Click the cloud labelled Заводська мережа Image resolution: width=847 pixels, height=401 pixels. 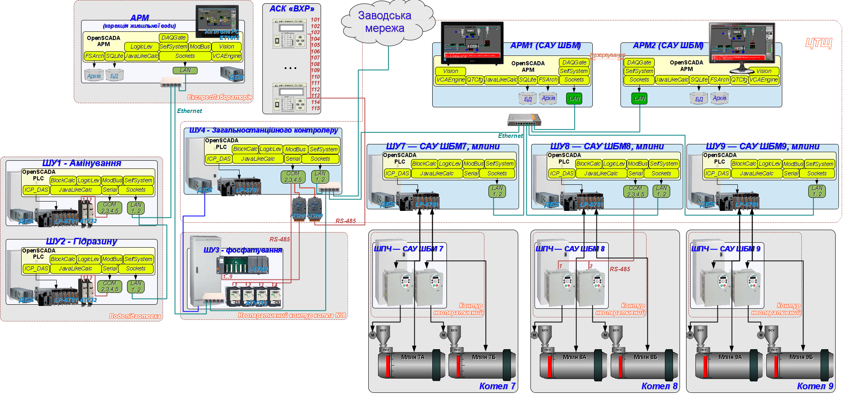pyautogui.click(x=385, y=22)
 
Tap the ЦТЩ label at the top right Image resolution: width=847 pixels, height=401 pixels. pyautogui.click(x=818, y=43)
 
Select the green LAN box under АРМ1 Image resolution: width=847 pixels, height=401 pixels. pyautogui.click(x=574, y=98)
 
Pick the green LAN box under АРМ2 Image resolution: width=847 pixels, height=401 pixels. pyautogui.click(x=639, y=98)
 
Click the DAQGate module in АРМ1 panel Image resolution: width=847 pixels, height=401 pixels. pyautogui.click(x=574, y=62)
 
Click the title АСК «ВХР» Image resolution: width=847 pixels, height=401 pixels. pyautogui.click(x=292, y=9)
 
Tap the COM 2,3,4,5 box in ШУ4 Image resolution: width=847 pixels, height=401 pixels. pyautogui.click(x=293, y=177)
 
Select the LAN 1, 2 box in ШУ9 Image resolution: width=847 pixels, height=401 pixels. pyautogui.click(x=817, y=191)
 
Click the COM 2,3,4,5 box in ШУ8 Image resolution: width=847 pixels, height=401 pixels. pyautogui.click(x=635, y=191)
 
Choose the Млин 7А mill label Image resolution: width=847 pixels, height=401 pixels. pyautogui.click(x=413, y=357)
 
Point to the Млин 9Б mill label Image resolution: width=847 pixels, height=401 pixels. pyautogui.click(x=801, y=357)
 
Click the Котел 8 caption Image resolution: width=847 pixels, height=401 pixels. pyautogui.click(x=659, y=386)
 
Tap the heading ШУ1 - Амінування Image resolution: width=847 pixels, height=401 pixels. pyautogui.click(x=82, y=164)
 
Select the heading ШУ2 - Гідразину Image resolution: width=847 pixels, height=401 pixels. pyautogui.click(x=82, y=242)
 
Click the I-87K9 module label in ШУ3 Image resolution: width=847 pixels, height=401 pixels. pyautogui.click(x=257, y=270)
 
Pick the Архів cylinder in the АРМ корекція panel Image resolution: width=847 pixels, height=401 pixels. pyautogui.click(x=94, y=76)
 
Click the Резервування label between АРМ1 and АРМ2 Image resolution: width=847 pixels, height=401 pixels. pyautogui.click(x=607, y=55)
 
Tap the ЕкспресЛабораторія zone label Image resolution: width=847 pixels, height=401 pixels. pyautogui.click(x=220, y=97)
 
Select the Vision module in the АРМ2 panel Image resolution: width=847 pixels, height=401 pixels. pyautogui.click(x=763, y=71)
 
